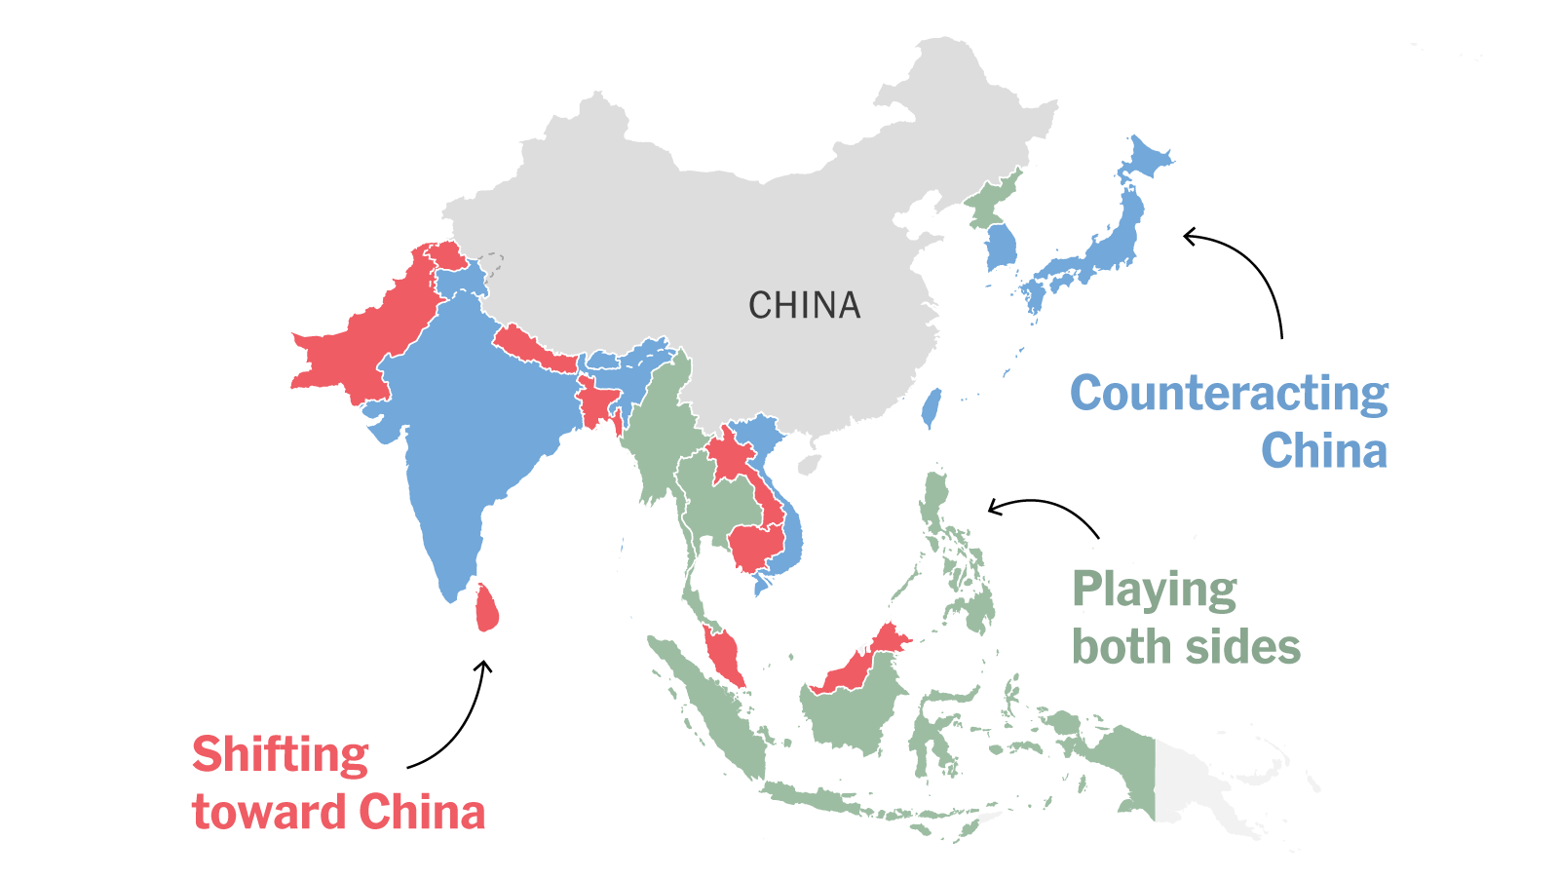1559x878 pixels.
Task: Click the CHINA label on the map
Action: click(x=804, y=306)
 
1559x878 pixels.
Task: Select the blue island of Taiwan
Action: click(x=932, y=408)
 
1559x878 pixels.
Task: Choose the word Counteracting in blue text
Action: click(x=1229, y=394)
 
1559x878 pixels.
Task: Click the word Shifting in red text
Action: click(x=281, y=755)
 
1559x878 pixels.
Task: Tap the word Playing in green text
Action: click(x=1155, y=591)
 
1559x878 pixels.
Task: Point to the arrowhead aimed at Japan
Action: click(x=1187, y=236)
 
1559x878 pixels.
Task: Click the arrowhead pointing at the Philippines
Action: click(x=992, y=507)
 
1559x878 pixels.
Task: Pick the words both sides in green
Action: click(x=1186, y=647)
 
